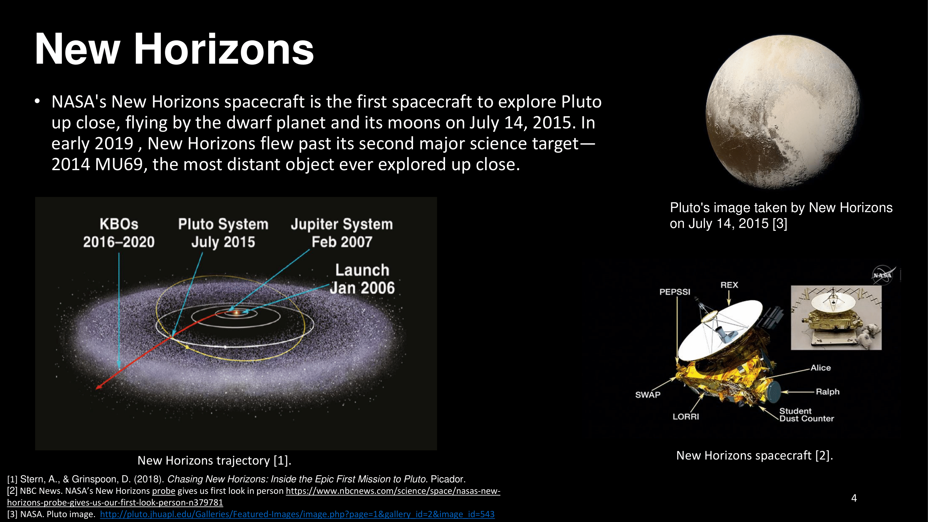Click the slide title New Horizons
pos(174,49)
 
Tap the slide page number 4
pos(854,498)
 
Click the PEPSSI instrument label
pos(675,292)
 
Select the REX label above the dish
pos(729,285)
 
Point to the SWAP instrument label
pos(648,395)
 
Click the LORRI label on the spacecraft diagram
pos(685,417)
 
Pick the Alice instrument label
pos(820,368)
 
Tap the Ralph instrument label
pos(827,391)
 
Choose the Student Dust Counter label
pos(807,415)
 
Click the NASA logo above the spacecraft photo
pos(883,275)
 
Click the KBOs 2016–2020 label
pos(119,233)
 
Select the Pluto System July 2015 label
pos(223,233)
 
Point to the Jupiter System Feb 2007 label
pos(341,233)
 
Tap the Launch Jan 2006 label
pos(362,279)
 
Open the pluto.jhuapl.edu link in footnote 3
pos(297,514)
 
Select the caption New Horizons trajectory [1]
pos(214,460)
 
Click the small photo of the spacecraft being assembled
pos(836,318)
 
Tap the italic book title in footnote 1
pos(296,479)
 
